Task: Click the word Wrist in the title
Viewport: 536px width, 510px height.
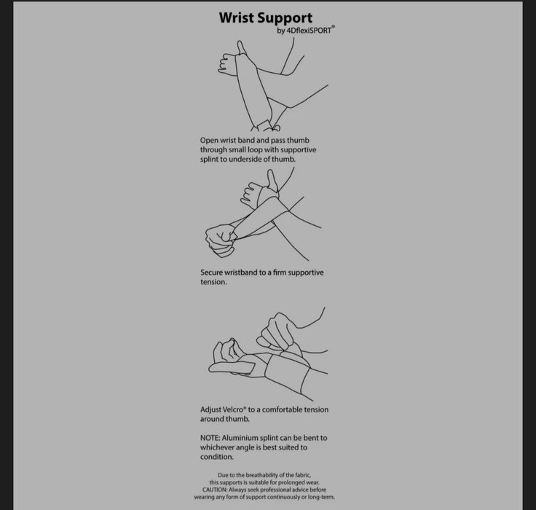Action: (x=237, y=17)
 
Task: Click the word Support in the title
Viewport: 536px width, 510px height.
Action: (x=285, y=19)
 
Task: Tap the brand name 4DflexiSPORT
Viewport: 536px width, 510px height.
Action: (x=309, y=31)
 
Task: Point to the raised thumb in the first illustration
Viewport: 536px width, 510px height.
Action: (x=241, y=48)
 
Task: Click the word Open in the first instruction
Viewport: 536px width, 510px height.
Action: (x=209, y=141)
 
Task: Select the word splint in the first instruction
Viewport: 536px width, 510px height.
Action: (x=209, y=160)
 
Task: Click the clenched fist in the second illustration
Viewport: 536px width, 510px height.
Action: (x=221, y=240)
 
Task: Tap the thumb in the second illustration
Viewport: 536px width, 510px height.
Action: (x=272, y=179)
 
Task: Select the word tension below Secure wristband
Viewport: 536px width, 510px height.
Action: (x=213, y=282)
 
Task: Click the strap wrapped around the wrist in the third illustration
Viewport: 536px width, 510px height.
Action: (x=288, y=375)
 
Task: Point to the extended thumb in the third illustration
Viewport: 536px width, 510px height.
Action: (x=232, y=368)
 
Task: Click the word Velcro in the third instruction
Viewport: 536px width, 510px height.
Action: (x=233, y=409)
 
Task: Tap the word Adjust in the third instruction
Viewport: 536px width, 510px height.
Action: (x=210, y=409)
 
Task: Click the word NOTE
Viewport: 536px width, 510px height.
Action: (x=210, y=438)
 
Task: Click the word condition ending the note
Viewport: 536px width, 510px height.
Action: (x=217, y=457)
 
